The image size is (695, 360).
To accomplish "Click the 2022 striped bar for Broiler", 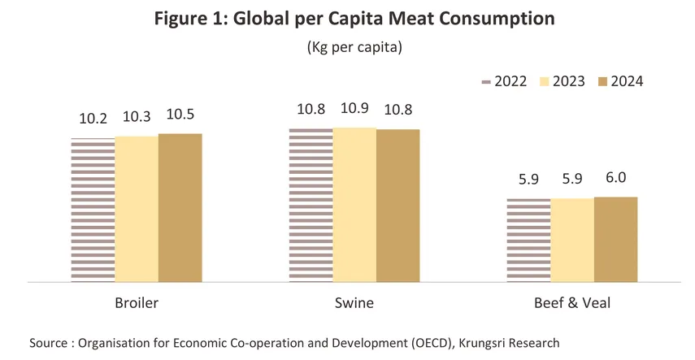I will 93,210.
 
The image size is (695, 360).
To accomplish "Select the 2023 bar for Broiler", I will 137,209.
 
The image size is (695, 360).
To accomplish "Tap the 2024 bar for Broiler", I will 180,207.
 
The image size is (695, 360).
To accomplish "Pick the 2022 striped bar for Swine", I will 311,205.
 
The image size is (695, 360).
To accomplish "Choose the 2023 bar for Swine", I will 354,204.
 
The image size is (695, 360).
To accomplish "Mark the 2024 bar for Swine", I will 397,205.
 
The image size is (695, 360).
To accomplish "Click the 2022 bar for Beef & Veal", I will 528,240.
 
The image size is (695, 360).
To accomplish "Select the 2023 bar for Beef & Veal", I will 572,240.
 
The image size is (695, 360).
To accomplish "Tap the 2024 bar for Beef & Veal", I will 615,239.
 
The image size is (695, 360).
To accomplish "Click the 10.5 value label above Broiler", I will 180,115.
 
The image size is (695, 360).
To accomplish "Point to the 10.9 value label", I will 354,108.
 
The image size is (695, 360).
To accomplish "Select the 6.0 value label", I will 615,178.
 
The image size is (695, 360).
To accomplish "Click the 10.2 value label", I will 93,119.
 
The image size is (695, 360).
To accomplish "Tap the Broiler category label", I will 137,304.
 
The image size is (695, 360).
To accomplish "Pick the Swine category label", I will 354,304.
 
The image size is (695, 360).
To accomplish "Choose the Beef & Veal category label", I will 572,304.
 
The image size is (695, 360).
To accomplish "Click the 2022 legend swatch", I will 489,81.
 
